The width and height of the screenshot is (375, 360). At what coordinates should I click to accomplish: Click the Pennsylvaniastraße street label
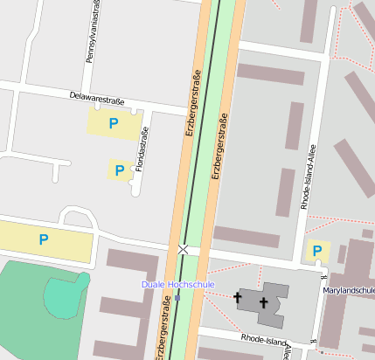click(x=91, y=31)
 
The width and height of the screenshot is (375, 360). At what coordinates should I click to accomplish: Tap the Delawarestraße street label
click(x=96, y=98)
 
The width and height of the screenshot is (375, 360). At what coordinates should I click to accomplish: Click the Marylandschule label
click(x=348, y=290)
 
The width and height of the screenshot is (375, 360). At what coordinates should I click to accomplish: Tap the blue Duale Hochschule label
click(x=178, y=285)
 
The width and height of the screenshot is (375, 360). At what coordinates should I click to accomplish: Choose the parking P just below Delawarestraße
click(x=113, y=124)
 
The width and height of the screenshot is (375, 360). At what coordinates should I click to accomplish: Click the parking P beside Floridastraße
click(x=119, y=170)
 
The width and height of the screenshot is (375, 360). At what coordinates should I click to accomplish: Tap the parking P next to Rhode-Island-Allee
click(x=316, y=252)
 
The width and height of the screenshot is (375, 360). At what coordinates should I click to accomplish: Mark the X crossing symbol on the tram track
click(x=183, y=250)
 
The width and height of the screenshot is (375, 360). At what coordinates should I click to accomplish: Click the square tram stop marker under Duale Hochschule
click(x=177, y=298)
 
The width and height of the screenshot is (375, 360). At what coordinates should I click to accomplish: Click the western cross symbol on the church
click(x=237, y=299)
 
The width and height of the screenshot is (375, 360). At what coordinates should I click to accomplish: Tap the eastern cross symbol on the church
click(x=264, y=303)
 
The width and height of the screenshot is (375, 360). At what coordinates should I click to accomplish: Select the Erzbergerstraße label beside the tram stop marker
click(x=163, y=328)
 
